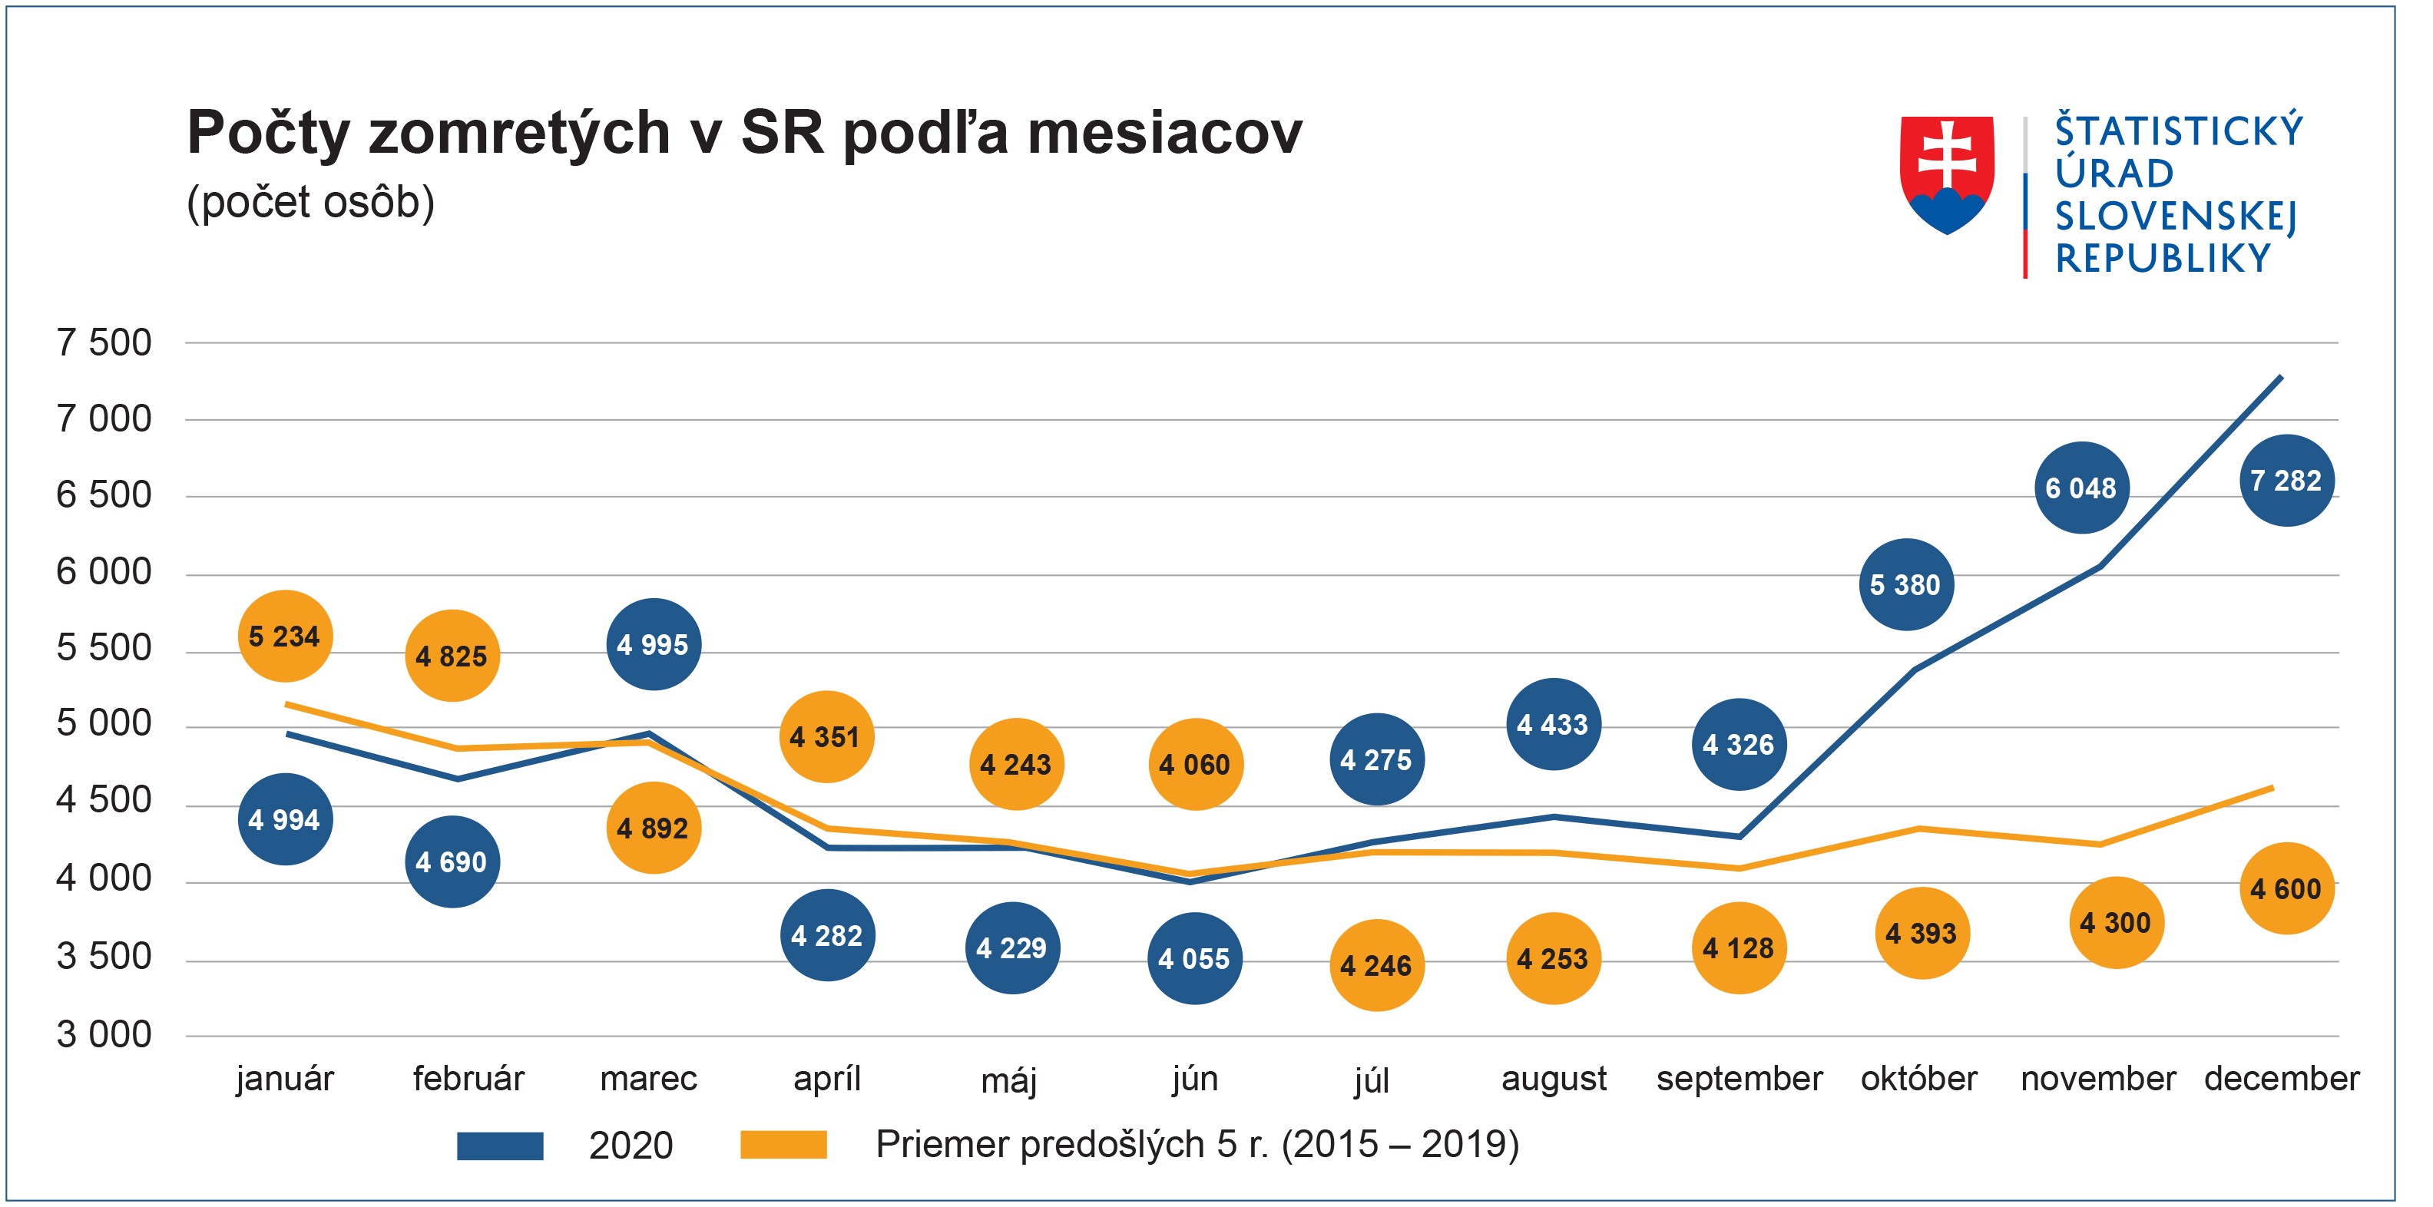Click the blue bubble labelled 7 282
tap(2286, 481)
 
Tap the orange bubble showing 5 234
tap(284, 637)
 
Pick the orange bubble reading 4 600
tap(2286, 888)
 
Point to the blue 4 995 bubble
tap(653, 645)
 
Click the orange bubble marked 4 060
tap(1195, 764)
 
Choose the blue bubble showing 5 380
tap(1906, 584)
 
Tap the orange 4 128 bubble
tap(1739, 948)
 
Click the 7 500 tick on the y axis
tap(104, 343)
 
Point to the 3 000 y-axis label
tap(104, 1035)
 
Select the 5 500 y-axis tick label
tap(104, 648)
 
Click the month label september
tap(1739, 1079)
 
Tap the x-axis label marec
tap(649, 1079)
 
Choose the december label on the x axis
tap(2281, 1079)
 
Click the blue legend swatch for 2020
tap(500, 1146)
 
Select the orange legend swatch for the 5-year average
tap(783, 1146)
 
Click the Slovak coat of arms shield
tap(1947, 175)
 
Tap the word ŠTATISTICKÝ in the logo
tap(2179, 131)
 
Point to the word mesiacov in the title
tap(1164, 132)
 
